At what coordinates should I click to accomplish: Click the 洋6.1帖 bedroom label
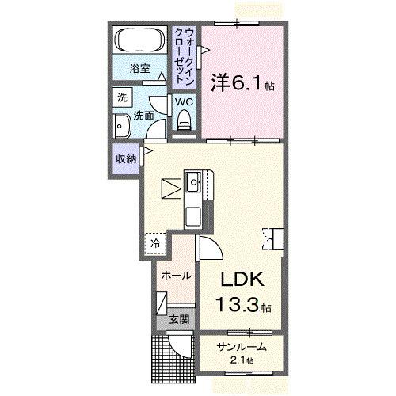242,82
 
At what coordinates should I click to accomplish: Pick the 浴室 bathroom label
140,69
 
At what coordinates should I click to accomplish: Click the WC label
184,101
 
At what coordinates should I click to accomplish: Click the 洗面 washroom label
143,115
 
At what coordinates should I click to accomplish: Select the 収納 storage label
126,158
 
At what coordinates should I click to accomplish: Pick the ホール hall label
175,276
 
